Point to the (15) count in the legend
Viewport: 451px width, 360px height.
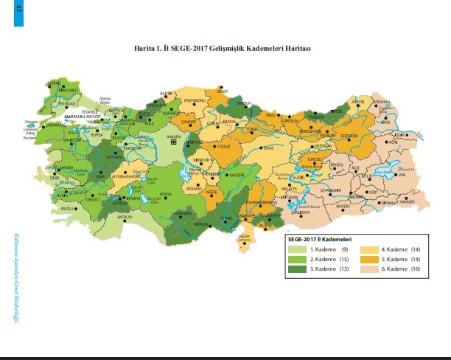point(343,260)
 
